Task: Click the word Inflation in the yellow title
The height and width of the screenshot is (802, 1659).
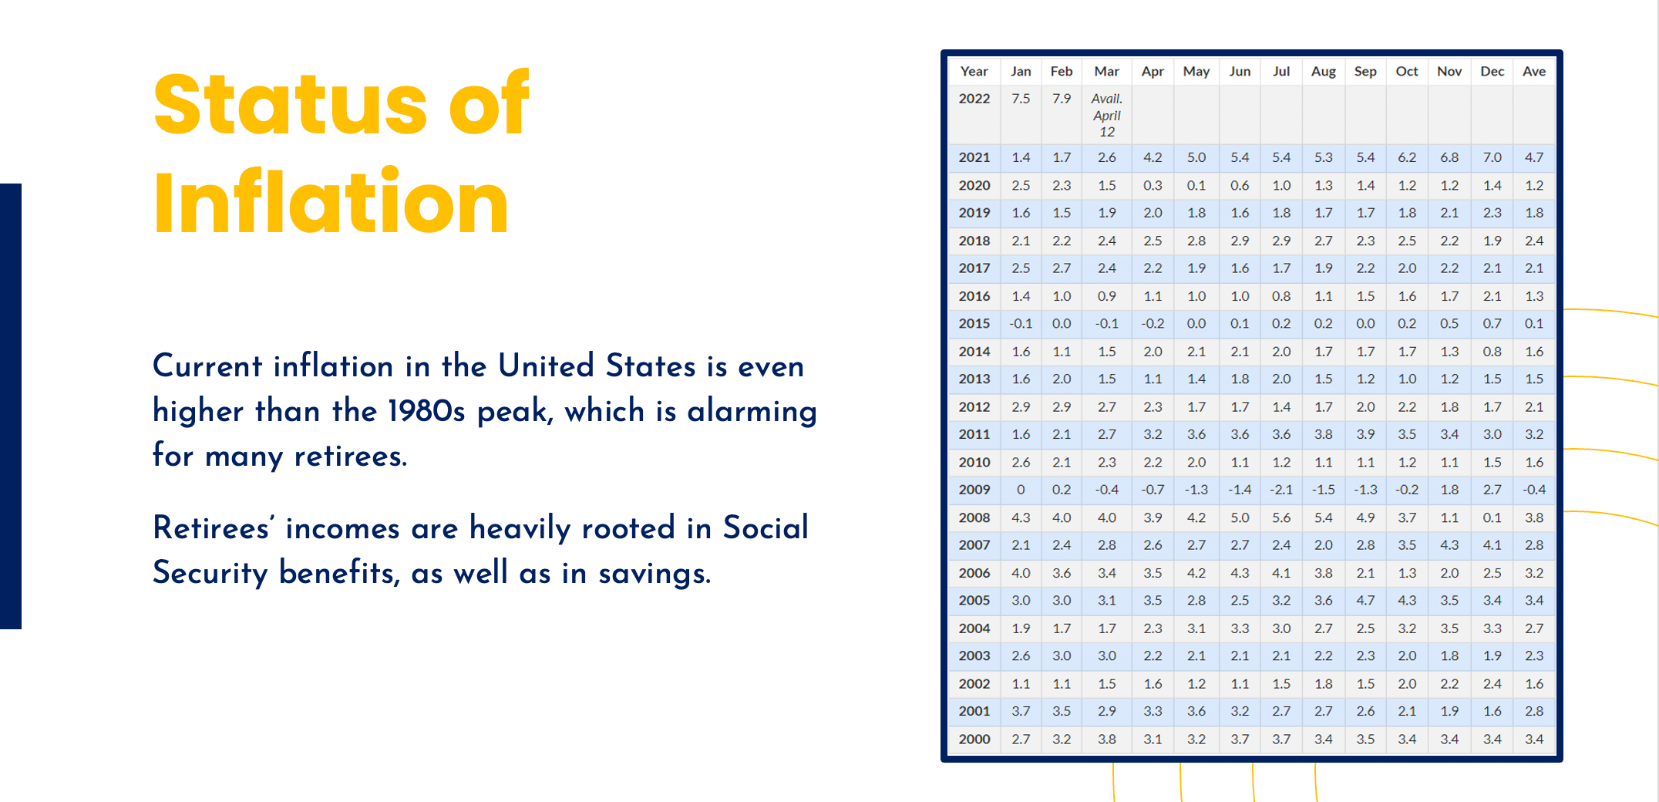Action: coord(331,203)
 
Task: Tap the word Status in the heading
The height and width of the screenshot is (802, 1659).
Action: coord(290,104)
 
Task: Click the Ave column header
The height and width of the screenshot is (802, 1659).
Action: coord(1533,72)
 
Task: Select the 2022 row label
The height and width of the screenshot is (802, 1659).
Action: coord(974,99)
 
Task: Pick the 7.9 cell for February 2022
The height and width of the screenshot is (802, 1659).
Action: coord(1061,99)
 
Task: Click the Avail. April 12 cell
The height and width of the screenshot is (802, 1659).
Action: coord(1106,115)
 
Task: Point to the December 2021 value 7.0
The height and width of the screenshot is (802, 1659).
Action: coord(1492,157)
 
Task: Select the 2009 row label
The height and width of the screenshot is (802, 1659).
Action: coord(974,490)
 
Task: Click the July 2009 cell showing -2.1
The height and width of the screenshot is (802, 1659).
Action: coord(1280,490)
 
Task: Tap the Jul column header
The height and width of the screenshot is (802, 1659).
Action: coord(1280,72)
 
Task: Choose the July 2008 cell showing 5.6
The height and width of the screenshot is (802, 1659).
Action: coord(1280,517)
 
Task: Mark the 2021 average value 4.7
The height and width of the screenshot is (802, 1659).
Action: coord(1533,157)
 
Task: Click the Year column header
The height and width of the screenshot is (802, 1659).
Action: coord(974,72)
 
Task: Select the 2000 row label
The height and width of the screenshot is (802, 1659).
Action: coord(974,739)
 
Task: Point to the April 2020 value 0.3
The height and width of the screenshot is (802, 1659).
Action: coord(1152,185)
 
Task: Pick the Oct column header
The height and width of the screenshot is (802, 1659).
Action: coord(1406,72)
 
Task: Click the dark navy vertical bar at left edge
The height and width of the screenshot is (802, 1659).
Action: coord(10,406)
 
